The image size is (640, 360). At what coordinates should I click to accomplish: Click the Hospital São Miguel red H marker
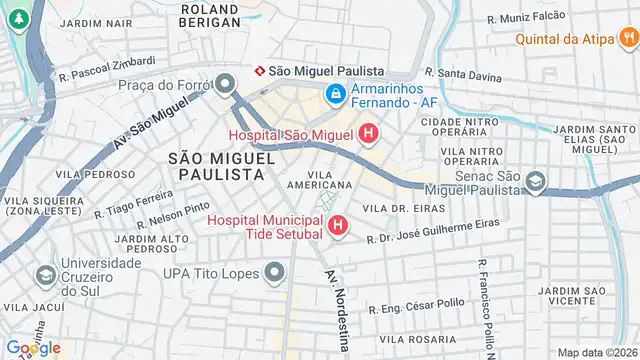pos(368,133)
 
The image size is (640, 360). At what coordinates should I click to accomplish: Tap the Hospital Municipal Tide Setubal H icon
pos(338,227)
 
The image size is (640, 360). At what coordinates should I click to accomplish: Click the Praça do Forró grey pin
pos(227,84)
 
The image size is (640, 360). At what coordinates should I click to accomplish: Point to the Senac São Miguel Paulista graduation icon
pos(536,183)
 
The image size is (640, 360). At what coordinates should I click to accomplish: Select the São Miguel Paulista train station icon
pos(261,70)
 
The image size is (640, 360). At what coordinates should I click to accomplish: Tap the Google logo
pos(33,347)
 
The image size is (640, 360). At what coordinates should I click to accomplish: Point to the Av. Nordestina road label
pos(335,310)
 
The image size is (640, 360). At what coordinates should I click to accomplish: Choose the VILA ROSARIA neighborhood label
pos(406,339)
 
